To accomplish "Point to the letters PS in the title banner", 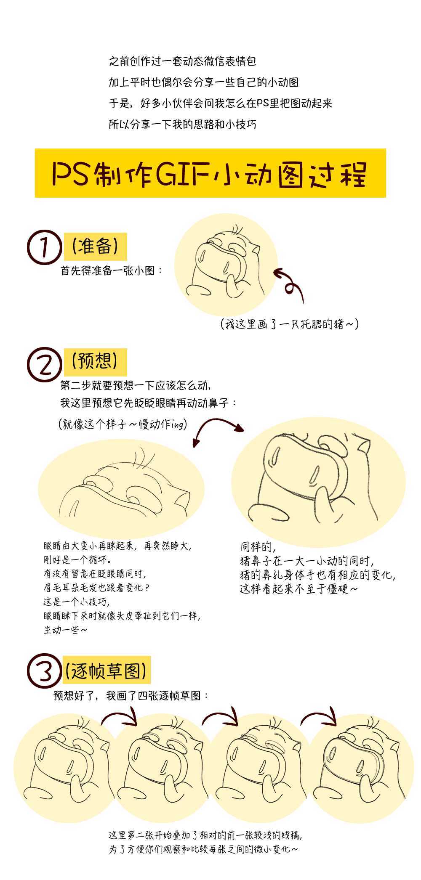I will pos(70,173).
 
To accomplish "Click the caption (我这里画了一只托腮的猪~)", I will pos(290,324).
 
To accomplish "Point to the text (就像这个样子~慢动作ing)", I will pos(123,424).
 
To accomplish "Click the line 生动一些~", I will pos(66,630).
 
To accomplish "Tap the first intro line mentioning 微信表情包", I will pos(182,62).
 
